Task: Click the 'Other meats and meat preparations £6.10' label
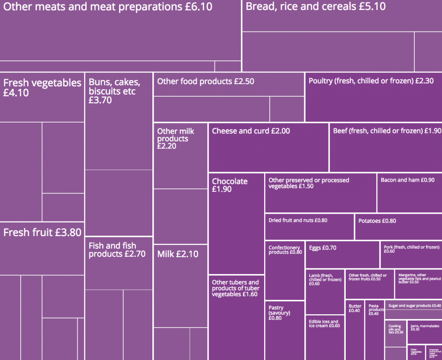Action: [x=108, y=7]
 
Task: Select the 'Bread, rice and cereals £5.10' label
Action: [x=316, y=6]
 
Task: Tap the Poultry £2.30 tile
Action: [x=373, y=97]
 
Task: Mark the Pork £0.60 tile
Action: [x=411, y=255]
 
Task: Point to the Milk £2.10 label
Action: [x=178, y=254]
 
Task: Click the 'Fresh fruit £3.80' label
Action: [x=42, y=233]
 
